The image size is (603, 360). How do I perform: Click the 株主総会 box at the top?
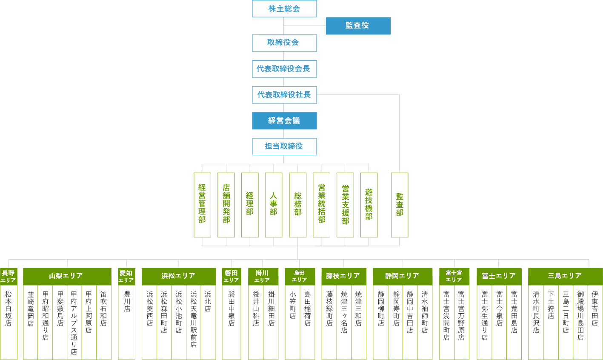[284, 9]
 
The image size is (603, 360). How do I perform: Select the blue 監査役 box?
[358, 26]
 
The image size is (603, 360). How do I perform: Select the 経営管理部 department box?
[202, 205]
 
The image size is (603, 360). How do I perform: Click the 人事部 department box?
[274, 205]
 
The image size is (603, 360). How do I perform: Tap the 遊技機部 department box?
[369, 205]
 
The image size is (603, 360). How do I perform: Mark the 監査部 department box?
[400, 205]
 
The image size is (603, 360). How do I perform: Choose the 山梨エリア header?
[67, 276]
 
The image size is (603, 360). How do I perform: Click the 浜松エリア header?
[179, 276]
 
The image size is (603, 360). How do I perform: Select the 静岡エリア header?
[403, 276]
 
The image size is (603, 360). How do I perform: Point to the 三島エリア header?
[565, 276]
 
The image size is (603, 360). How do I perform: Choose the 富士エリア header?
[499, 276]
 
